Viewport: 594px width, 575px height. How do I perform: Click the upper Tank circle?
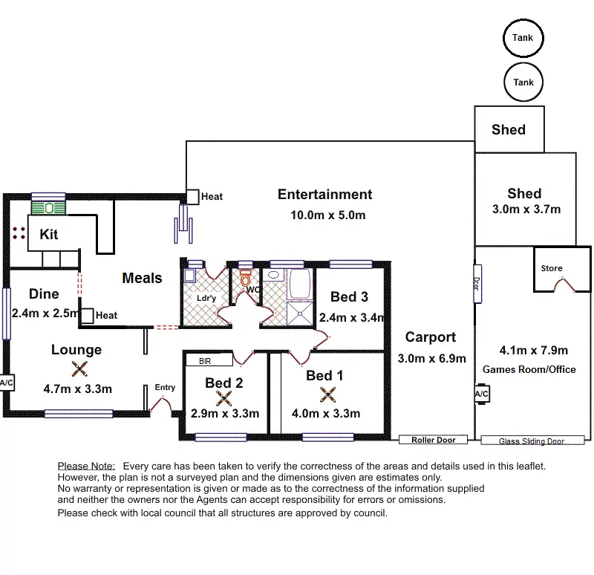523,20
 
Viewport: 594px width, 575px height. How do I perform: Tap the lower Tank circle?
523,64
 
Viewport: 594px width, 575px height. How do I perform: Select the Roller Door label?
434,440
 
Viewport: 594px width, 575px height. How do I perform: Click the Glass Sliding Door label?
532,441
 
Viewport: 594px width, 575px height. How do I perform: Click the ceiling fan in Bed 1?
327,394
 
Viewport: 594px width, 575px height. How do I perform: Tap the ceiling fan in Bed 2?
224,398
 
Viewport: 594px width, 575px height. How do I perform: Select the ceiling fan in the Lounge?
79,368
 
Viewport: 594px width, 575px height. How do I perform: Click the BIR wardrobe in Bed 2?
209,360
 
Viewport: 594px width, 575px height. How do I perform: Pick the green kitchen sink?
48,208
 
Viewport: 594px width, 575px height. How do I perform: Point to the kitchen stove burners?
19,233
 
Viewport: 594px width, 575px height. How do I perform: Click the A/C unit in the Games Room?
482,394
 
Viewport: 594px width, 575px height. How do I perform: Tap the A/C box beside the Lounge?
7,383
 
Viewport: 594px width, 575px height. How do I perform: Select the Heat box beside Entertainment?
192,197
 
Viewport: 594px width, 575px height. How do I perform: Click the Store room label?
552,268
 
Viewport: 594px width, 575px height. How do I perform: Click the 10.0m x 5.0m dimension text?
328,215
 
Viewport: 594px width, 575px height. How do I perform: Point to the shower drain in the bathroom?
300,314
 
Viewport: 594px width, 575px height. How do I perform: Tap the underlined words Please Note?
86,466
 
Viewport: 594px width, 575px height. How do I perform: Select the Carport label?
431,337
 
